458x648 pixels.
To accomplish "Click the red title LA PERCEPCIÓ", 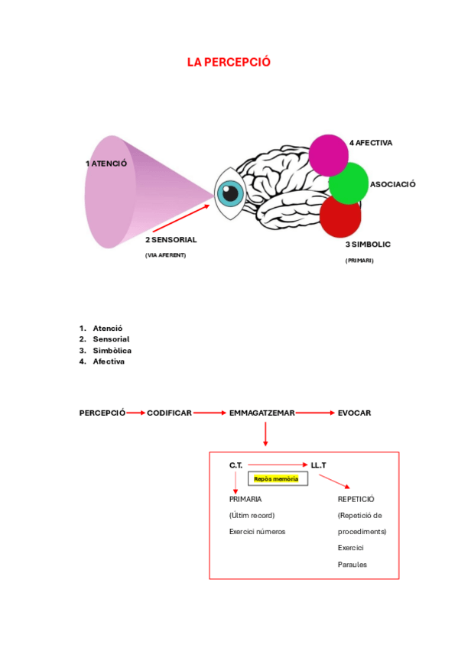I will (x=229, y=62).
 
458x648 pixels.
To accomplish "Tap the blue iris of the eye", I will (x=229, y=193).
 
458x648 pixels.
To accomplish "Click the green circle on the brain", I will (x=349, y=183).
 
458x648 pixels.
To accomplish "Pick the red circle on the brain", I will (x=340, y=216).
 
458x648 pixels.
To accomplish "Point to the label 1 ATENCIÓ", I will (x=106, y=164).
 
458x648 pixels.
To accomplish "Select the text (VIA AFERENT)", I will (x=165, y=255).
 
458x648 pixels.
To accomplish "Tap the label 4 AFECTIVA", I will (x=371, y=143).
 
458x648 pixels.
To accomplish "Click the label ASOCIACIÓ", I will (x=392, y=184).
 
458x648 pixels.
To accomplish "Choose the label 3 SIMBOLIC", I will (x=368, y=245).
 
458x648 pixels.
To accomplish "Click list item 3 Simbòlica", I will (x=112, y=350).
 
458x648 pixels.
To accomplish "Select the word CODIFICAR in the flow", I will (x=169, y=413).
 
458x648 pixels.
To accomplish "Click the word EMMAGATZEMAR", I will (x=261, y=413).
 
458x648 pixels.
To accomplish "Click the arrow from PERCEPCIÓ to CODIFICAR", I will (x=135, y=413).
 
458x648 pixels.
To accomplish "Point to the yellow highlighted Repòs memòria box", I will (x=276, y=478).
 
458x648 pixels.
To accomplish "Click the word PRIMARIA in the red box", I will (x=245, y=499).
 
